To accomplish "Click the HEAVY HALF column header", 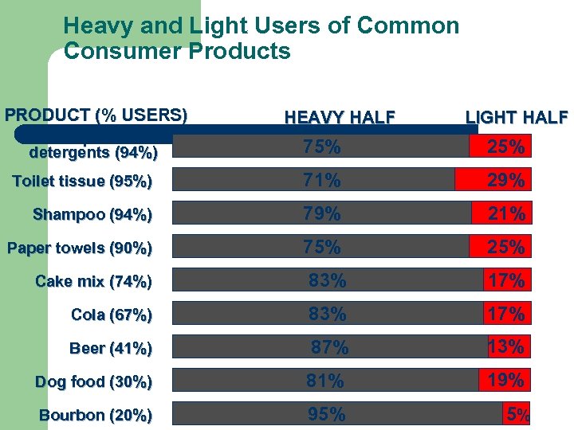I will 340,118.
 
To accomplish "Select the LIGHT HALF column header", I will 517,118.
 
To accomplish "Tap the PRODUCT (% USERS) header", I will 96,115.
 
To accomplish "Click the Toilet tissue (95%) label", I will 82,182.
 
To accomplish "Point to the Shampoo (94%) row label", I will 92,214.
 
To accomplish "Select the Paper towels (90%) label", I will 80,248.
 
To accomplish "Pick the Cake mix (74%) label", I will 93,281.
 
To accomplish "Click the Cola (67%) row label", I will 112,315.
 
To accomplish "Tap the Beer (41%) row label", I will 111,348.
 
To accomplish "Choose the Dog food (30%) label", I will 93,381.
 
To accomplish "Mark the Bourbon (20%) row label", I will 95,415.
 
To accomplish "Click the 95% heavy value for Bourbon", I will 326,415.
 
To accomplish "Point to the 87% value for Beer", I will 329,348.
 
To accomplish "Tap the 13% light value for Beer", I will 506,346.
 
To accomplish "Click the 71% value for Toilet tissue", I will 321,181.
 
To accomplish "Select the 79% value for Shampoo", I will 321,214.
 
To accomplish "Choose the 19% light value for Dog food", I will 505,381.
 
